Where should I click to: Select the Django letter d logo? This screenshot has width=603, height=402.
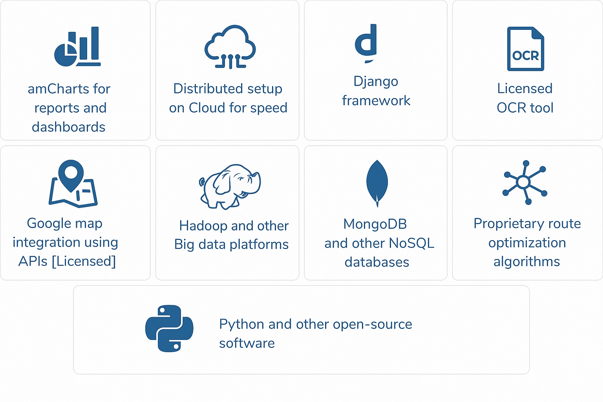(366, 42)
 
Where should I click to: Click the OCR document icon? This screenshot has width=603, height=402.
(525, 49)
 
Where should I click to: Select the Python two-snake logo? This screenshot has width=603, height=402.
(169, 328)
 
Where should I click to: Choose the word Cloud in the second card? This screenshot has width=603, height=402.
(207, 108)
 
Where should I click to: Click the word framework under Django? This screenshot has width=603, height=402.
(376, 101)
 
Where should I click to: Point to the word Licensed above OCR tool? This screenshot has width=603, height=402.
(525, 89)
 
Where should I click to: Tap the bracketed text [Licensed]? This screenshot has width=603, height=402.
(84, 261)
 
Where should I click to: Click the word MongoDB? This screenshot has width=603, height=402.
(375, 224)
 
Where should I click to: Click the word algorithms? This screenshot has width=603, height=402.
(526, 262)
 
